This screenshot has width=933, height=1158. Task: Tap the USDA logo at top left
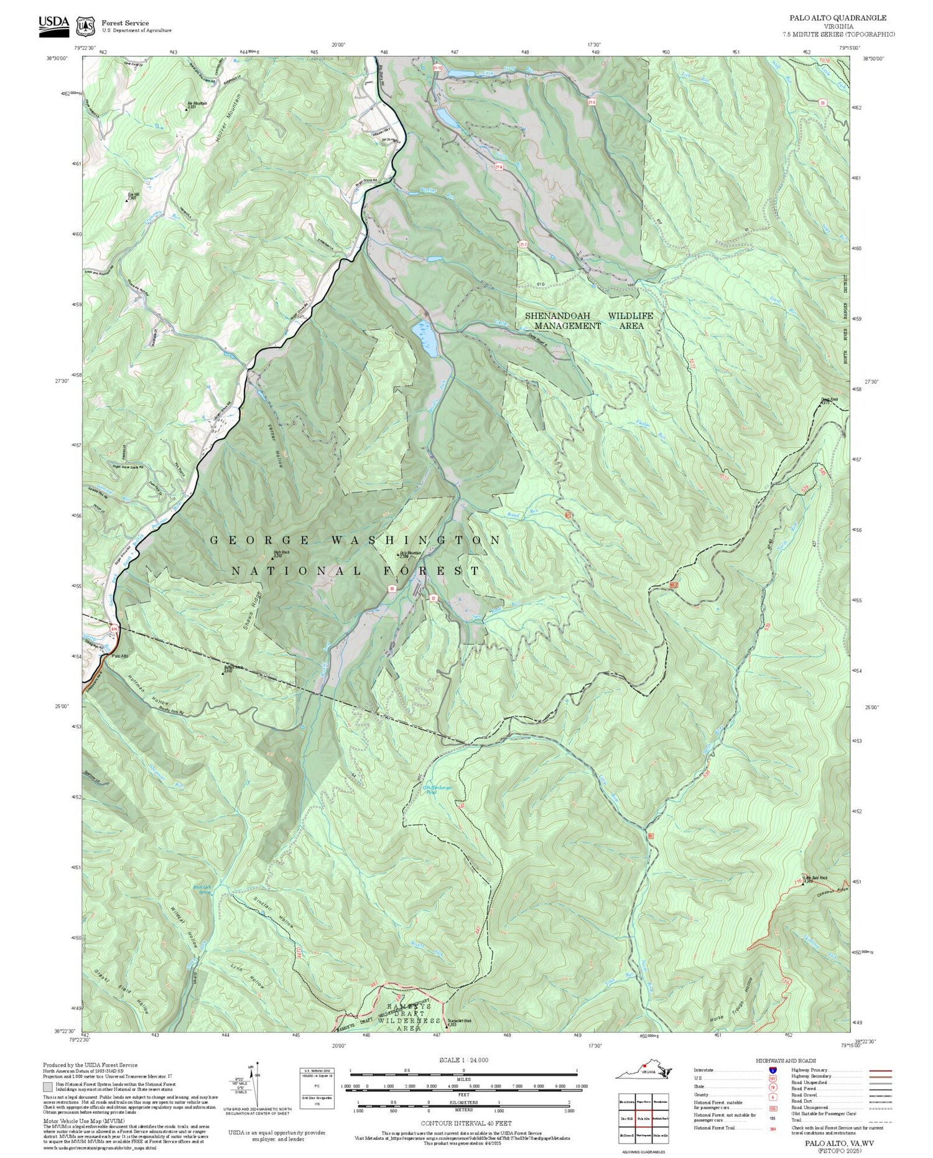pyautogui.click(x=54, y=23)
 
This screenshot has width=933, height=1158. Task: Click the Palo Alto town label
pyautogui.click(x=120, y=656)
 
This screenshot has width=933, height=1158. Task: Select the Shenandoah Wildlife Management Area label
pyautogui.click(x=588, y=320)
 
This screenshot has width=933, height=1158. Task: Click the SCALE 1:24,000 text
pyautogui.click(x=463, y=1060)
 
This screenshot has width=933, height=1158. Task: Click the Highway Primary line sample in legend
pyautogui.click(x=877, y=1071)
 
